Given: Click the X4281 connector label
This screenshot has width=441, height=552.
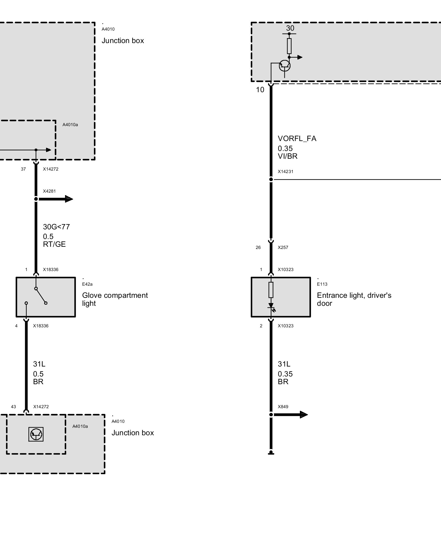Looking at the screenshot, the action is pyautogui.click(x=49, y=191).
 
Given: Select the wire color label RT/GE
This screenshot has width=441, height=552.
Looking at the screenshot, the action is pyautogui.click(x=54, y=244).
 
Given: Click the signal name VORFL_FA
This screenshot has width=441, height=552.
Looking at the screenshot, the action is pyautogui.click(x=297, y=139).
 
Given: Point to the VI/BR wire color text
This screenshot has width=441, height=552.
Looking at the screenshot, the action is pyautogui.click(x=287, y=156).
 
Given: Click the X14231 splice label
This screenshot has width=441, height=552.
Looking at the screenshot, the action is pyautogui.click(x=286, y=171).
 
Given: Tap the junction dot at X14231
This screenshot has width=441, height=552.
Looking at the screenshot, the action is pyautogui.click(x=271, y=179).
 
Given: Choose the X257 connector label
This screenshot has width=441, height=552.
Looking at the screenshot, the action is pyautogui.click(x=283, y=247).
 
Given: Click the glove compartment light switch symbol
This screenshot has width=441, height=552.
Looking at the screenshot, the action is pyautogui.click(x=41, y=296).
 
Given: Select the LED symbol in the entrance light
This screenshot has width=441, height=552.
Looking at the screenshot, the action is pyautogui.click(x=271, y=307).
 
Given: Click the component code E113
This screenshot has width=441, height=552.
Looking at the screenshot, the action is pyautogui.click(x=322, y=284).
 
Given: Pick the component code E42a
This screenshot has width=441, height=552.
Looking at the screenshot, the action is pyautogui.click(x=87, y=284).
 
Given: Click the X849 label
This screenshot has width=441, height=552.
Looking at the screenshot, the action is pyautogui.click(x=283, y=407).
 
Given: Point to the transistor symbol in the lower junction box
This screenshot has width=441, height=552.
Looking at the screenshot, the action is pyautogui.click(x=36, y=434).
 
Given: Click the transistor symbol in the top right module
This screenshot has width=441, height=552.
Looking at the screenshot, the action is pyautogui.click(x=285, y=65).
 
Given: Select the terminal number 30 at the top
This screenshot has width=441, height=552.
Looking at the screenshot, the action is pyautogui.click(x=290, y=28).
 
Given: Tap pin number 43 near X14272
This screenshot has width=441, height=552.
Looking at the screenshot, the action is pyautogui.click(x=14, y=407).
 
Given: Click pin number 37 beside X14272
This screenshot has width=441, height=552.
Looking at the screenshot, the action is pyautogui.click(x=23, y=169).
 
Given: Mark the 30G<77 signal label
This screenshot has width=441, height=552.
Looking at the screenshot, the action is pyautogui.click(x=56, y=227).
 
